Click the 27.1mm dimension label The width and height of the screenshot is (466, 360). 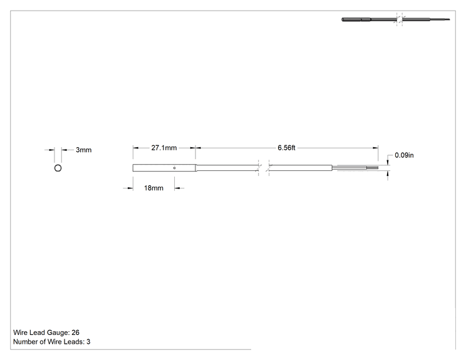click(163, 148)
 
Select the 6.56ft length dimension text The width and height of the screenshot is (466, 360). click(286, 148)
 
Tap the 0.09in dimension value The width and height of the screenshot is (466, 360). click(404, 155)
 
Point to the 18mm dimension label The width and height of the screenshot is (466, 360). click(153, 188)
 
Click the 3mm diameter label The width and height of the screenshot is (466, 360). click(83, 150)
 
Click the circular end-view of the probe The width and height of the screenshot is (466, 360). click(58, 165)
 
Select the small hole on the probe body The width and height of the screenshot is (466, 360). click(175, 168)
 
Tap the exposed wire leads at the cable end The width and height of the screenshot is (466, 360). click(355, 168)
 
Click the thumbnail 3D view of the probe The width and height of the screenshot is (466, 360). click(396, 19)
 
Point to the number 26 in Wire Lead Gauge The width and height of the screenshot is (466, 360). click(76, 332)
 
